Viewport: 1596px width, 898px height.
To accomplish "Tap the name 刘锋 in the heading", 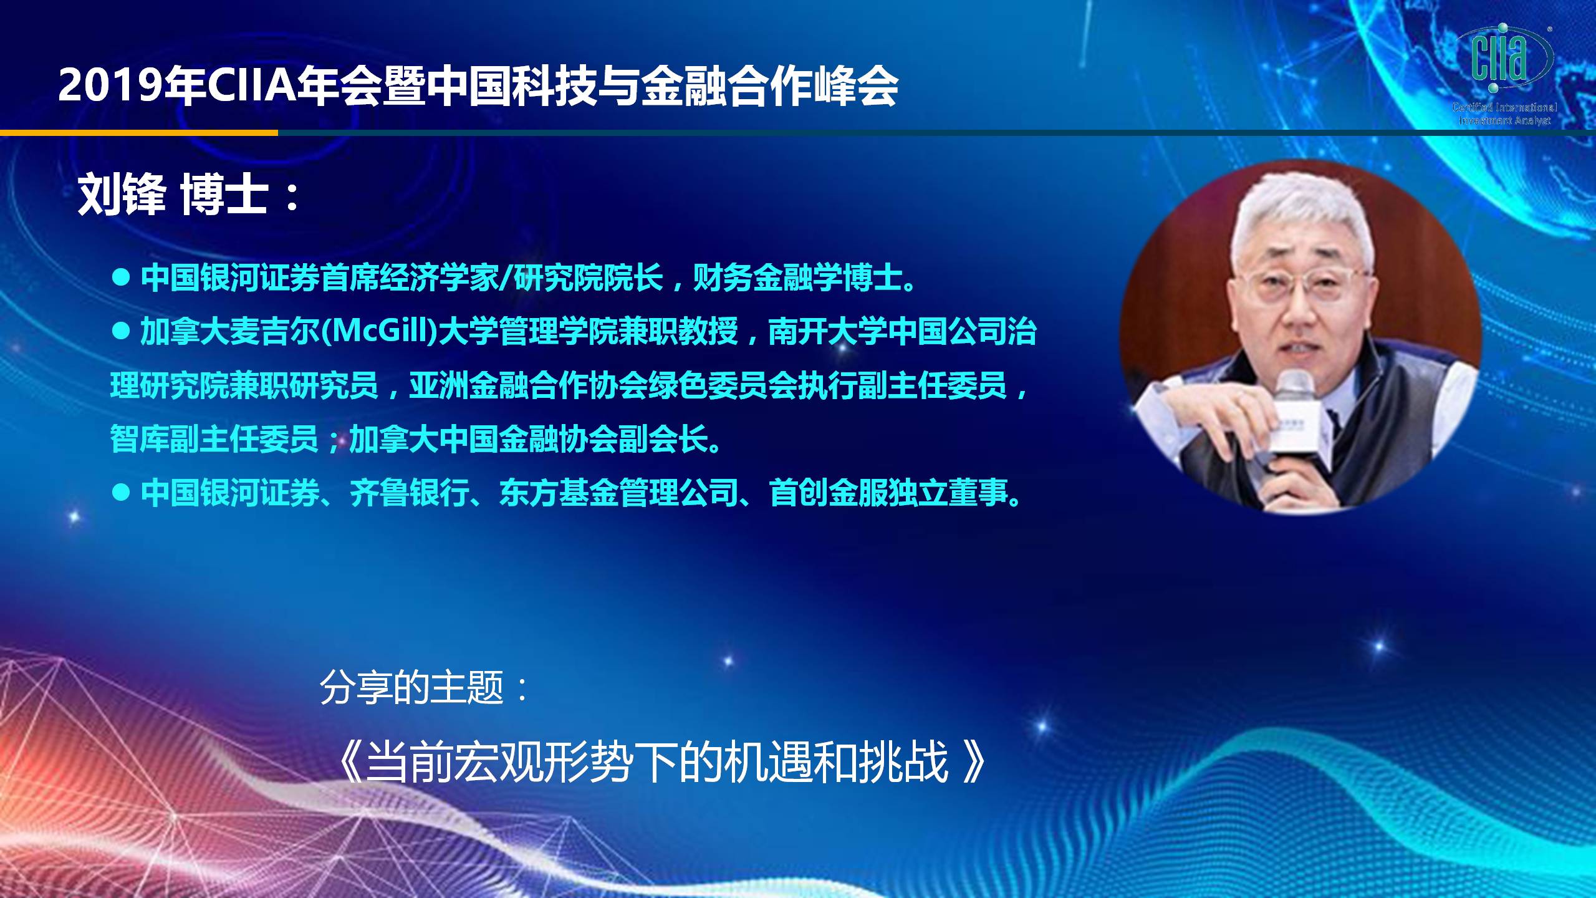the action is tap(122, 195).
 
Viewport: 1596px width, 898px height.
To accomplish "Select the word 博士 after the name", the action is tap(224, 195).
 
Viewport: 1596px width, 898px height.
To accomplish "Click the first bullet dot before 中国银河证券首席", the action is tap(121, 277).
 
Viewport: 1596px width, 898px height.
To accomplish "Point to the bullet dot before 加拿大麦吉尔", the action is tap(121, 331).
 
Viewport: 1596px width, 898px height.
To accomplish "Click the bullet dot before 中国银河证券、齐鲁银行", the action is tap(121, 493).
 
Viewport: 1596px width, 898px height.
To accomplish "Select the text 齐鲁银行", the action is tap(409, 493).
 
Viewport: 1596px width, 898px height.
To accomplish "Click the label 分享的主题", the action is tap(412, 688).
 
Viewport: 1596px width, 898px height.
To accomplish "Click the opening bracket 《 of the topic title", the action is tap(350, 761).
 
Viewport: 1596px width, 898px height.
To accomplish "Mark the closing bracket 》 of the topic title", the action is tap(974, 761).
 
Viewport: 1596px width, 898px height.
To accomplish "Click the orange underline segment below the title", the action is tap(139, 133).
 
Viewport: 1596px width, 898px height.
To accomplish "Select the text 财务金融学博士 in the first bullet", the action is tap(798, 277).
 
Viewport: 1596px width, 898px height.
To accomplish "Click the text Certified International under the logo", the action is tap(1504, 107).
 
